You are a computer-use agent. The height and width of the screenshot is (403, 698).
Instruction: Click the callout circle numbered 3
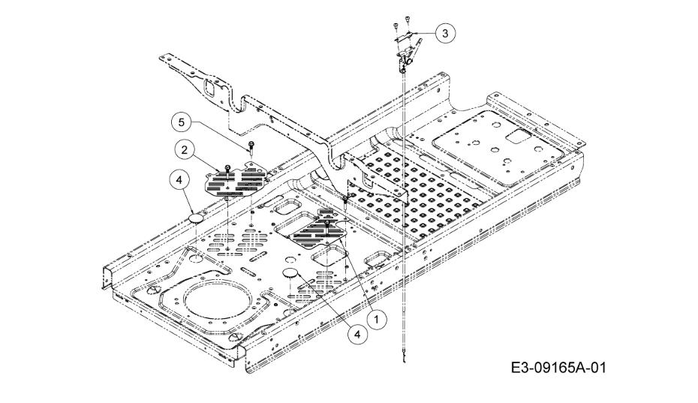point(446,33)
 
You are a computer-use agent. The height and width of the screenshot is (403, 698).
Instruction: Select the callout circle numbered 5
point(181,122)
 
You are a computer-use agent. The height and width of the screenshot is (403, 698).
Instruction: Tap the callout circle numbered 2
point(185,150)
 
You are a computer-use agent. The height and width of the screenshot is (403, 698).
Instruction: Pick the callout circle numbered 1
point(377,319)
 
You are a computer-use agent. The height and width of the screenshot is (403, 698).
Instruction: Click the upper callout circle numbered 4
point(179,180)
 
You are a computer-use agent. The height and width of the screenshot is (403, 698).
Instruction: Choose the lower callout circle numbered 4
point(357,333)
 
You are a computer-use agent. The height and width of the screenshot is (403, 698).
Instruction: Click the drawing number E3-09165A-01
point(558,368)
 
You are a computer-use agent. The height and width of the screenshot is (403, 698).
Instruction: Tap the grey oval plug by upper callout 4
point(194,218)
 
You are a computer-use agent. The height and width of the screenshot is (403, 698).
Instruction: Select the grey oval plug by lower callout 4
point(291,272)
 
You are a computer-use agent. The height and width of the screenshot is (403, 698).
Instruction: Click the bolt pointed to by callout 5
point(252,147)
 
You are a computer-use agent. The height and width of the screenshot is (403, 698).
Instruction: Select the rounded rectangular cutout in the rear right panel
point(521,137)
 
